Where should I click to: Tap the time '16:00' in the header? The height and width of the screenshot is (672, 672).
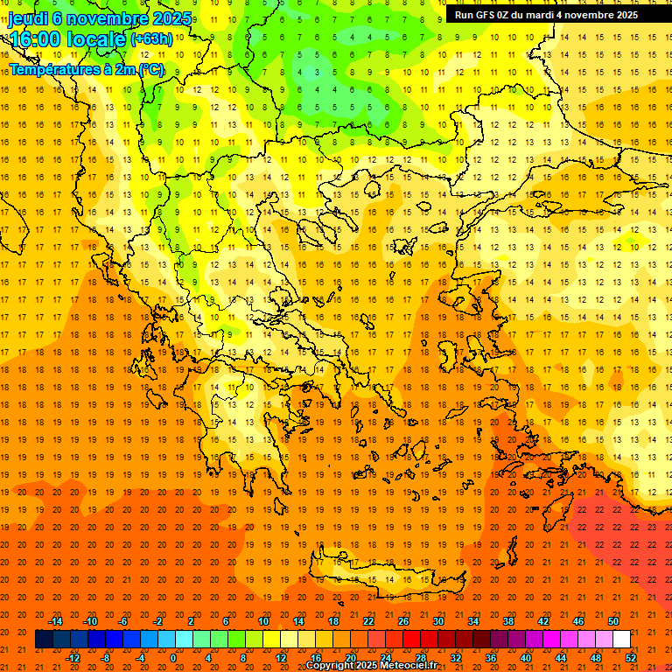click(x=35, y=39)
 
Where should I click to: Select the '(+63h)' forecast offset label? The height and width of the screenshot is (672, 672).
click(x=151, y=39)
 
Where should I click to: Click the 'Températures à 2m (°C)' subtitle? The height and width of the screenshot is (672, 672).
click(x=86, y=69)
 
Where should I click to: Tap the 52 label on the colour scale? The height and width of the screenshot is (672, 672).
click(x=631, y=657)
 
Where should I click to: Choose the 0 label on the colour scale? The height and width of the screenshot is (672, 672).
click(x=173, y=657)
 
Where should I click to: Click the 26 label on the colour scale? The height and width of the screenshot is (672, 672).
click(x=403, y=621)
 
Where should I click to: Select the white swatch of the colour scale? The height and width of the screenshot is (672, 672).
click(x=621, y=639)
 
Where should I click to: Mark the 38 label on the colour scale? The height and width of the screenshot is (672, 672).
click(x=508, y=621)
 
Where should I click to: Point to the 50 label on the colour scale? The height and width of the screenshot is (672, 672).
click(x=613, y=621)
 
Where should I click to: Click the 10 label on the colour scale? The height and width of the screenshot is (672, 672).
click(x=263, y=621)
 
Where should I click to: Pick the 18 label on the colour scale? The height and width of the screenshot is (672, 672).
click(x=333, y=621)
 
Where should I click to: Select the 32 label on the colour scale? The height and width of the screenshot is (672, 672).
click(x=456, y=657)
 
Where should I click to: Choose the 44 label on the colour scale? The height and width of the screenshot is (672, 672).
click(x=561, y=657)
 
